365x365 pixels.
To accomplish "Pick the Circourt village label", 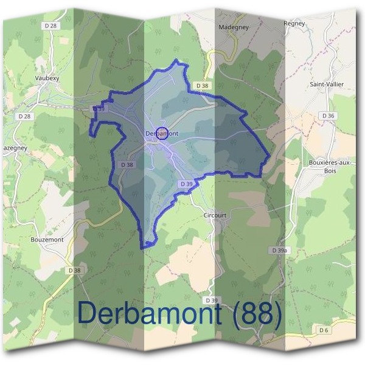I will (215, 215).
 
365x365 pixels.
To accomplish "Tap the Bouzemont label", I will (47, 240).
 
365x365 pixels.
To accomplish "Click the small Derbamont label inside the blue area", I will (161, 133).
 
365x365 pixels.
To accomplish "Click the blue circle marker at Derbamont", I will (162, 133).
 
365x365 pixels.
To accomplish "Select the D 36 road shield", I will (328, 116).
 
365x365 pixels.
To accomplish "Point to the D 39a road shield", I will (280, 251).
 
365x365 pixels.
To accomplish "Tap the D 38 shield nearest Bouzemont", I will (74, 270).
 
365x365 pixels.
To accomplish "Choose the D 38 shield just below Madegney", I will (202, 86).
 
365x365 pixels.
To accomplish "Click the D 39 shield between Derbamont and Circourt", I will (187, 184).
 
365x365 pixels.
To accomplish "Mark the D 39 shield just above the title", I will (212, 301).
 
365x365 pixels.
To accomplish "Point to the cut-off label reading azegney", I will (13, 148).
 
